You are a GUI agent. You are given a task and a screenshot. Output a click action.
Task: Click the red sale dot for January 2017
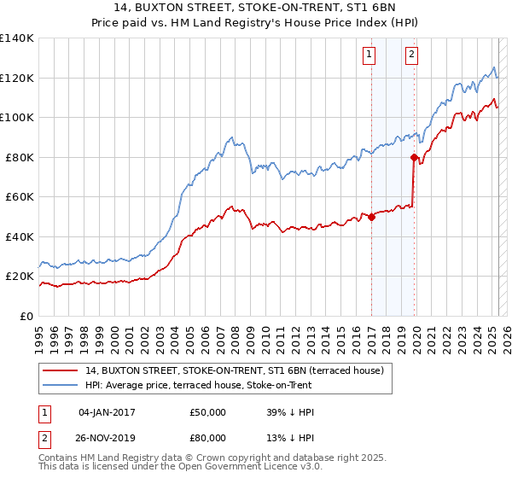click(x=372, y=217)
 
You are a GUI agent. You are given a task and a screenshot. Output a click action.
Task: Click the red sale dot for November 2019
click(x=414, y=157)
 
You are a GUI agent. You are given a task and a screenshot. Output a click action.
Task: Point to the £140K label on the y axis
click(x=17, y=38)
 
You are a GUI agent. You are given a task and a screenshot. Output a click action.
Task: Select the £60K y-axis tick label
click(x=20, y=196)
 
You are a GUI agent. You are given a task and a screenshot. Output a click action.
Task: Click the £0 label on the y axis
click(x=26, y=316)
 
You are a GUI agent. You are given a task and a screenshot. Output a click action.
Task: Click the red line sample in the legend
click(x=61, y=370)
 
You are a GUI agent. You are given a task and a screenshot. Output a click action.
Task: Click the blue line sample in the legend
click(x=61, y=384)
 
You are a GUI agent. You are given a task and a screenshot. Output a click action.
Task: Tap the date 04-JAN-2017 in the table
click(x=107, y=412)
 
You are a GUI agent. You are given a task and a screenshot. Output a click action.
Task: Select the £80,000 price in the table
click(x=208, y=437)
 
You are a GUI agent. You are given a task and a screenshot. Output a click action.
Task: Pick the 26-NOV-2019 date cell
click(x=107, y=437)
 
